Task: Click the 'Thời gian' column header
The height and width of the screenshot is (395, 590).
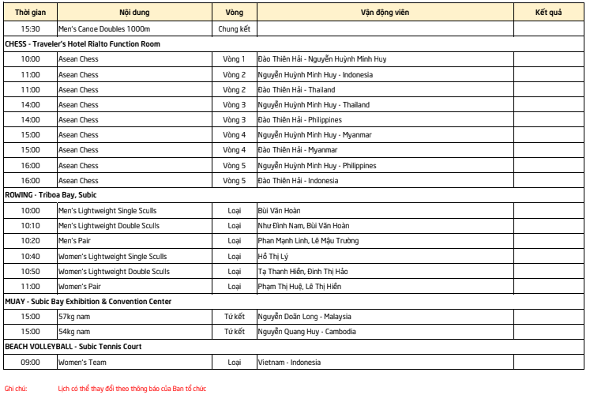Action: [x=30, y=13]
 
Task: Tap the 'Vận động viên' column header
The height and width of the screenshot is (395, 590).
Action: [x=385, y=13]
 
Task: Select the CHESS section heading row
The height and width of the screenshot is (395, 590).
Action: [x=82, y=44]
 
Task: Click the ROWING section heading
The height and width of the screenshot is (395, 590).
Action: [x=51, y=195]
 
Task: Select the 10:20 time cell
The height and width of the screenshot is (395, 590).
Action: [x=30, y=241]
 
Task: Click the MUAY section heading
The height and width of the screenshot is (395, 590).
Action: [x=88, y=302]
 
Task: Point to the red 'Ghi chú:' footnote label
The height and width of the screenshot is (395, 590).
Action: [x=16, y=389]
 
